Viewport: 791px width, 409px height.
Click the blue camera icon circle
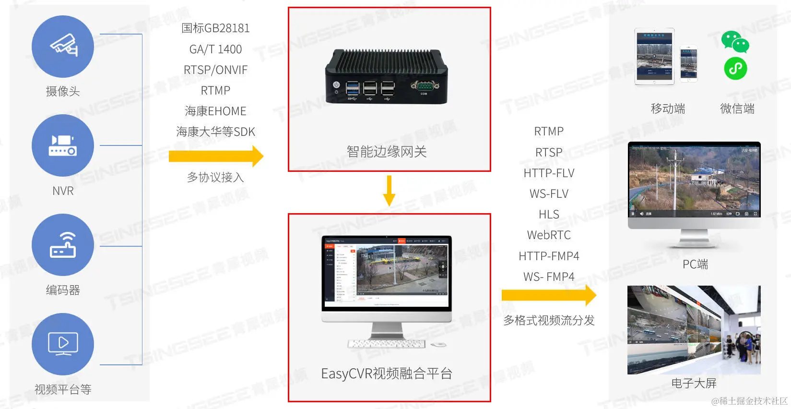tap(63, 47)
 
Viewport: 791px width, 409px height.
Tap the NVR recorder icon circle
tap(63, 145)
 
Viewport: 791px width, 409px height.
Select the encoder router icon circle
tap(63, 245)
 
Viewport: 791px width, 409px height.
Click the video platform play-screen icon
tap(63, 344)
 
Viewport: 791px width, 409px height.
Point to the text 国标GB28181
tap(215, 28)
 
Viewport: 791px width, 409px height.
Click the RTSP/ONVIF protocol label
tap(215, 70)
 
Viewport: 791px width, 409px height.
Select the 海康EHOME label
tap(215, 111)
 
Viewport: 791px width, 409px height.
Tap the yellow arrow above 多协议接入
tap(216, 156)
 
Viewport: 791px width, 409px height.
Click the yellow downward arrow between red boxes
tap(389, 190)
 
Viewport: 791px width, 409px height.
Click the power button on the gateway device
tap(336, 85)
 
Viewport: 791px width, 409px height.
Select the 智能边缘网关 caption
tap(387, 152)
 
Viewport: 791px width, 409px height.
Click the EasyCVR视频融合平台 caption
tap(387, 373)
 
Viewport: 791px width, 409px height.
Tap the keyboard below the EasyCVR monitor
tap(387, 344)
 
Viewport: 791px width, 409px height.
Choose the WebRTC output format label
tap(549, 235)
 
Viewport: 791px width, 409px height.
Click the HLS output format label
tap(549, 215)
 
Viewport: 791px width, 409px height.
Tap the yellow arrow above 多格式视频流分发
tap(549, 295)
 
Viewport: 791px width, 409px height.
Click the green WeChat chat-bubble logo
tap(735, 42)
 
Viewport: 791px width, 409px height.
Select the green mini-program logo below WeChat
tap(735, 69)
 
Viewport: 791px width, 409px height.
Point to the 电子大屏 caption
tap(694, 383)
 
